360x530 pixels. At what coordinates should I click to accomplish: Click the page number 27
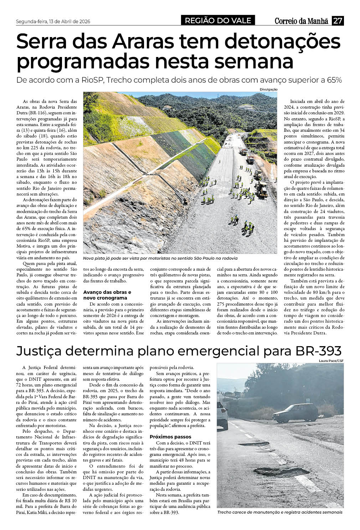pyautogui.click(x=338, y=21)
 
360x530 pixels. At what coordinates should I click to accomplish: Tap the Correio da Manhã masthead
pyautogui.click(x=301, y=21)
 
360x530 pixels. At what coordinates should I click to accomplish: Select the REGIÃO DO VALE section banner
pyautogui.click(x=218, y=21)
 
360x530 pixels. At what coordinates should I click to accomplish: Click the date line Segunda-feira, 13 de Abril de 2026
pyautogui.click(x=53, y=21)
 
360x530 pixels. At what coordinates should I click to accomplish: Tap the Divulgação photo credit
pyautogui.click(x=268, y=89)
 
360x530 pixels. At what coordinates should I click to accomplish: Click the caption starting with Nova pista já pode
pyautogui.click(x=160, y=258)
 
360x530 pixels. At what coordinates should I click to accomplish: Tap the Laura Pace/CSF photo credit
pyautogui.click(x=331, y=361)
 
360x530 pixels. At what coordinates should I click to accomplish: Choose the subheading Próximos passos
pyautogui.click(x=170, y=437)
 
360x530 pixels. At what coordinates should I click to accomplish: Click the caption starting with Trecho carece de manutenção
pyautogui.click(x=280, y=512)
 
